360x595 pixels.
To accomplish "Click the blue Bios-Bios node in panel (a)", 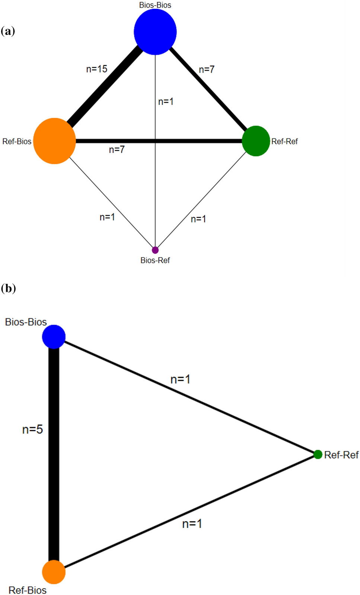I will point(155,32).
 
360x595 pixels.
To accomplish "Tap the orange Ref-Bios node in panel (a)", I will point(54,141).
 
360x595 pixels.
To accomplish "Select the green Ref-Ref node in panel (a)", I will point(256,141).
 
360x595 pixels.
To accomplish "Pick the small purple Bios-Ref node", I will point(155,250).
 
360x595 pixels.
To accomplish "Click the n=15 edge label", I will point(97,69).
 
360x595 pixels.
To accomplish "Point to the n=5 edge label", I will point(33,429).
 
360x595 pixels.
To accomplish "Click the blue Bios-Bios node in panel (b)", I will point(54,337).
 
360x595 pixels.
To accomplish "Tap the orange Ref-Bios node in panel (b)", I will point(54,572).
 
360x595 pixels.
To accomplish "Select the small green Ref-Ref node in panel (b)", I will point(318,454).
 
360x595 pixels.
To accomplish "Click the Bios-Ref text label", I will point(155,260).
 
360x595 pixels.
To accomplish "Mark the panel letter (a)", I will point(8,31).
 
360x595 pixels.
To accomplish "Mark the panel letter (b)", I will point(8,288).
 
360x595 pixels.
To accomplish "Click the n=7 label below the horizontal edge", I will point(117,150).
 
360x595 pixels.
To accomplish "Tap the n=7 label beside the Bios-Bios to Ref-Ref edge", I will point(207,69).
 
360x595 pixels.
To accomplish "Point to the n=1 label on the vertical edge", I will point(166,101).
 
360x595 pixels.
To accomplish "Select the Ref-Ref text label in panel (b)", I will point(341,455).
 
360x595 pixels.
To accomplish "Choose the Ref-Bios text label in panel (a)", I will point(17,141).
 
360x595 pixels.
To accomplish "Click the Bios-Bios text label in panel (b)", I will point(26,322).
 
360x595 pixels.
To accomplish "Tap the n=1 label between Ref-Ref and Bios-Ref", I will point(198,219).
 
